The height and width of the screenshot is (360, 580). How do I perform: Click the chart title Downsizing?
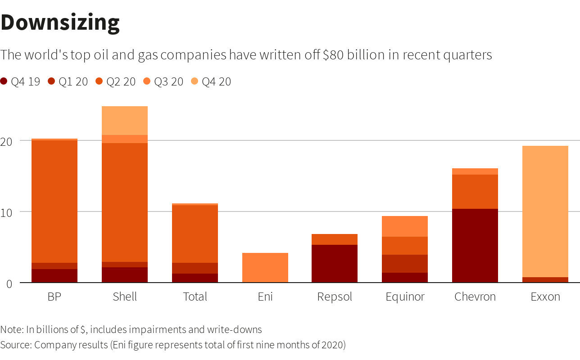60,22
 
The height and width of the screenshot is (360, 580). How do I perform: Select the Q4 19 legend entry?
21,81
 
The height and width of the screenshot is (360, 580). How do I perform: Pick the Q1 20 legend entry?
68,81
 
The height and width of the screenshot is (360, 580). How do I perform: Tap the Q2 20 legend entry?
116,81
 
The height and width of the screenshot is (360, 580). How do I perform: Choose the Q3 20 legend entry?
163,81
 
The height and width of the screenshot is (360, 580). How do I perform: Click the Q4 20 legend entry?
211,81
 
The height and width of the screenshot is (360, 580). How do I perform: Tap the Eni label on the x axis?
265,297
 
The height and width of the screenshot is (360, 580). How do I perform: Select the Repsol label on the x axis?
335,297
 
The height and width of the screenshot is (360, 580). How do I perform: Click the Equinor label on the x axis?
405,297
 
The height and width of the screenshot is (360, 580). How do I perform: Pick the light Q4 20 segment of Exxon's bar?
545,211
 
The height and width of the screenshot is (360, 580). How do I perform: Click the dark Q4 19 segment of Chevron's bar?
475,245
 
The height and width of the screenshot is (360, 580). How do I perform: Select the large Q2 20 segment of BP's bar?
54,201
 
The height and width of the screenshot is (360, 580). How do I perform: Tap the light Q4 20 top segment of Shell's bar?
125,121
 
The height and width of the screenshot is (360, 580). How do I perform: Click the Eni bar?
265,268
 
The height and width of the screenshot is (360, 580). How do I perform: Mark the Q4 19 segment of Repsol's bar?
335,263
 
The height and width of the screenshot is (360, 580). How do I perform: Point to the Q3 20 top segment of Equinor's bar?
405,226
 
